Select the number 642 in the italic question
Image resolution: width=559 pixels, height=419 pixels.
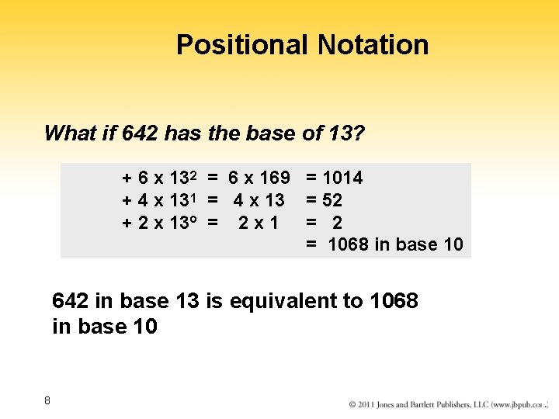(140, 133)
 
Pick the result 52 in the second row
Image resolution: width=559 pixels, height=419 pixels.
(332, 200)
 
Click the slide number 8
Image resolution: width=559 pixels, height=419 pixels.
(47, 400)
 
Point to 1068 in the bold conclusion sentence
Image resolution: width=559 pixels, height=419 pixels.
(394, 300)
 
